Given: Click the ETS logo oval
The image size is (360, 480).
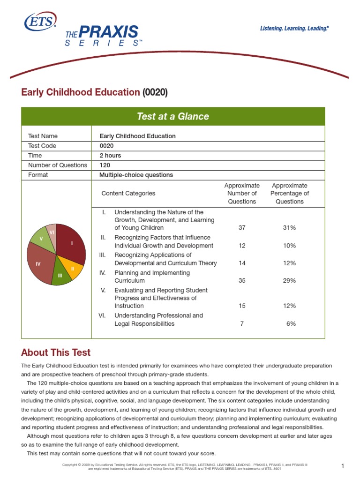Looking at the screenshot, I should pos(40,22).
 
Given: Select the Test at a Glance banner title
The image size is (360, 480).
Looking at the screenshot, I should pos(173,116).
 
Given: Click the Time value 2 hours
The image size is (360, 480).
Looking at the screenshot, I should pos(110,156).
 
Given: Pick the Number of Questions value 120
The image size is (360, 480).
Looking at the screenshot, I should pos(105,165).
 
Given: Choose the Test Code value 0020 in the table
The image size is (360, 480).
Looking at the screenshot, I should pos(107,146).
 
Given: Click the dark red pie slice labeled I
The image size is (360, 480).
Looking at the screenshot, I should pos(71,244).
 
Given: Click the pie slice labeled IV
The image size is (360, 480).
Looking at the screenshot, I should pos(39,264).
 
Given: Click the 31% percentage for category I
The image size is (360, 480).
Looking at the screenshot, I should pos(289,228).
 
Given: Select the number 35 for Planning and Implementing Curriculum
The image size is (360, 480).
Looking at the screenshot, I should pos(242,281).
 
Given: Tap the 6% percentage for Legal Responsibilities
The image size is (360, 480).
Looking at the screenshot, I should pos(291,324).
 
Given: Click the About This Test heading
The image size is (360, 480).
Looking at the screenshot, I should pos(56,352).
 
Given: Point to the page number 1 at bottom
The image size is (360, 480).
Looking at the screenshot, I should pos(343,466).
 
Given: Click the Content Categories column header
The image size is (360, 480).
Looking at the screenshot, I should pos(128,193).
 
